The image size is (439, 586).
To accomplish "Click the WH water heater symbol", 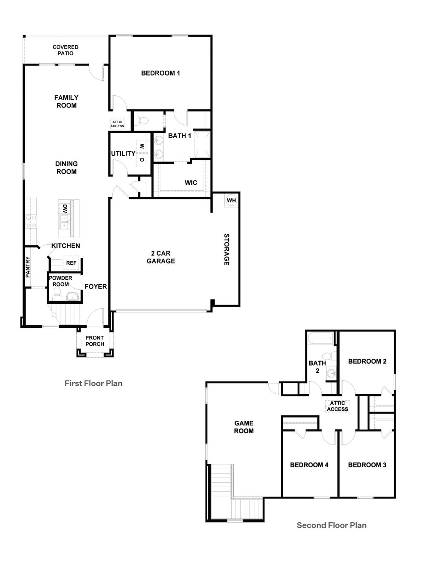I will [231, 200].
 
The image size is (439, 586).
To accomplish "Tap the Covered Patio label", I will [66, 50].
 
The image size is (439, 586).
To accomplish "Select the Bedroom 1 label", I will [160, 73].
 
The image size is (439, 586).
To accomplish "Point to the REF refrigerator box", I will [71, 263].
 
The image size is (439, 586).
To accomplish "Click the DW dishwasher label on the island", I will [65, 209].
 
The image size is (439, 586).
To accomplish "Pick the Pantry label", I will [28, 267].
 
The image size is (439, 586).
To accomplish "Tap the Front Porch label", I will [95, 341].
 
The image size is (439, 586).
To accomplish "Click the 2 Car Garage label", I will [161, 257].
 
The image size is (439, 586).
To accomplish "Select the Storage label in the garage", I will [226, 250].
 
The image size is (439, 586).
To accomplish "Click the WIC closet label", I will [191, 183].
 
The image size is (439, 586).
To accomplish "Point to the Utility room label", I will [123, 153].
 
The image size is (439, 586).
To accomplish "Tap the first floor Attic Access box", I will [117, 124].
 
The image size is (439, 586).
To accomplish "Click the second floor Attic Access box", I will [338, 406].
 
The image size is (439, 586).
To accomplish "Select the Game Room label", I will [244, 427].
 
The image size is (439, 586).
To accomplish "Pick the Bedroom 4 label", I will [309, 465].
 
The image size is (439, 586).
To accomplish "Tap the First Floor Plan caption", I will [93, 383].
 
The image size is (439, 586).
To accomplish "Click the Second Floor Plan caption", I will [332, 525].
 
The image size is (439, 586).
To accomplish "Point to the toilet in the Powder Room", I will [58, 293].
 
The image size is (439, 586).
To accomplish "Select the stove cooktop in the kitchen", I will [31, 222].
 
